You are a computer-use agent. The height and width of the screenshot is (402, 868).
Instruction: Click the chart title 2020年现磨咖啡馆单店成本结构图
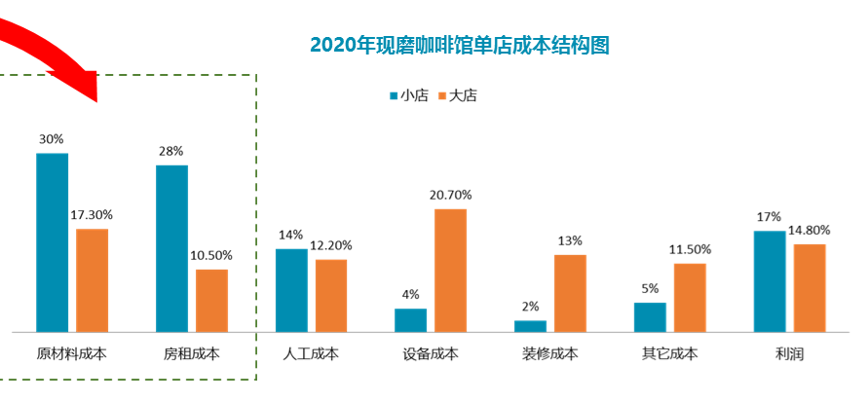[459, 45]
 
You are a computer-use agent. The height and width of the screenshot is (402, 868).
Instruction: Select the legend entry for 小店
[408, 95]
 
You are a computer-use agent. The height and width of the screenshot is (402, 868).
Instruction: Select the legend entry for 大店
[462, 95]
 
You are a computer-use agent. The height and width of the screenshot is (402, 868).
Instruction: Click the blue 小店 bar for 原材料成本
[53, 242]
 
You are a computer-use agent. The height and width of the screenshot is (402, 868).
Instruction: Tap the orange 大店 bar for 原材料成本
[92, 280]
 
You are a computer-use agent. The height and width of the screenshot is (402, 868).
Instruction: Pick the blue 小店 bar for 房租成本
[171, 248]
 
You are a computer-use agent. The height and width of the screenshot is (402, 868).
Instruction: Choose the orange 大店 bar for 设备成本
[450, 270]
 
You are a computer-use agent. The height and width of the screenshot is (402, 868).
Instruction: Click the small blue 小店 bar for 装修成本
[530, 326]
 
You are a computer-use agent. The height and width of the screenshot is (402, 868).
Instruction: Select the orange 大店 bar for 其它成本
[690, 297]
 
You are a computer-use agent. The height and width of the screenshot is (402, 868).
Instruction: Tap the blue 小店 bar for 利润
[769, 281]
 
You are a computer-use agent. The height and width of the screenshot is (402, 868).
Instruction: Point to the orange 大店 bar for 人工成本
[331, 295]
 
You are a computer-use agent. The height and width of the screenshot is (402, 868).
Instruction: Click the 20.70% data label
[450, 196]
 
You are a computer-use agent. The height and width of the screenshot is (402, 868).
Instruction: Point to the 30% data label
[52, 139]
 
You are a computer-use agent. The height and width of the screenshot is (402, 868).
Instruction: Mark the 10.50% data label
[211, 256]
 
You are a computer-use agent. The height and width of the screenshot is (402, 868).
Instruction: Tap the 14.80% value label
[810, 231]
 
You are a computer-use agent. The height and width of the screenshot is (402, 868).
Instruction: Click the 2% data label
[530, 307]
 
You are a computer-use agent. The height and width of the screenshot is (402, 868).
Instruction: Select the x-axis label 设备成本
[431, 354]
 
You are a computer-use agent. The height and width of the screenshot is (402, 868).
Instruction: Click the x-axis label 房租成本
[191, 354]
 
